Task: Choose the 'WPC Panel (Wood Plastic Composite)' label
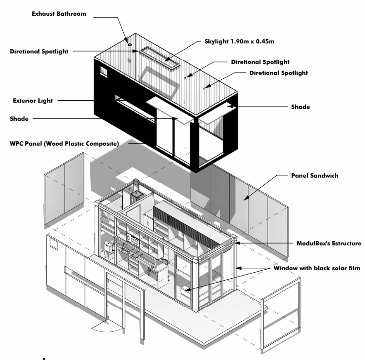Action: click(x=67, y=143)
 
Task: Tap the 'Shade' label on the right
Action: click(x=300, y=107)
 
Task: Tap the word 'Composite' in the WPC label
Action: click(x=114, y=143)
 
